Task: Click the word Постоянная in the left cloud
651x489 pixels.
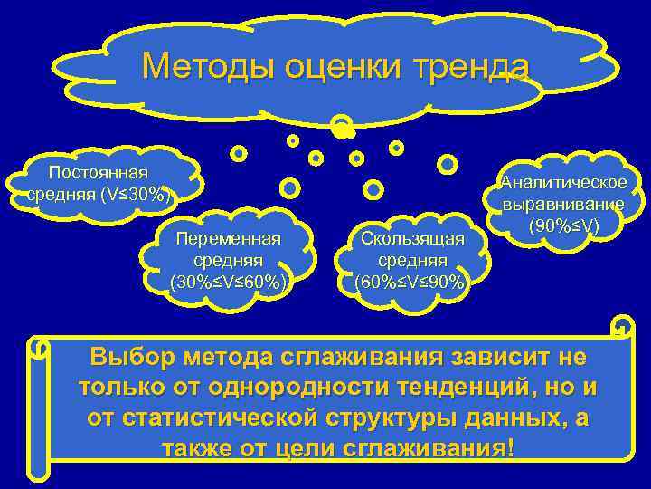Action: click(99, 173)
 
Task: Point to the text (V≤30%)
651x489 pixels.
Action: click(131, 193)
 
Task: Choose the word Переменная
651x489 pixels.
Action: click(230, 238)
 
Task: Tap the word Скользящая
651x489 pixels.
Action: click(412, 238)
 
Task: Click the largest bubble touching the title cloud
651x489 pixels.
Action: click(342, 128)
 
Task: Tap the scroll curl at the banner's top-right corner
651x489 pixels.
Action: click(622, 327)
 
